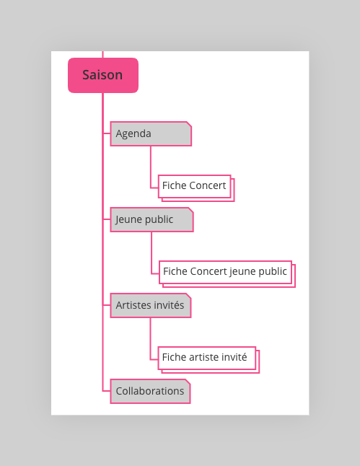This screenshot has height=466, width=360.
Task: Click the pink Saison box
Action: coord(103,75)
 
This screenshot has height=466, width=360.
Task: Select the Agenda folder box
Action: coord(151,133)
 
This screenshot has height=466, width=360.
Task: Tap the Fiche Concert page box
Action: coord(196,188)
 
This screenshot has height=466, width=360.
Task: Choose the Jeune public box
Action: coord(152,219)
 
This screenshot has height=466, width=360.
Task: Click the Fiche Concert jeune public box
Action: coord(227,274)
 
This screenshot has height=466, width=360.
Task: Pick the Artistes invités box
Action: coord(151,306)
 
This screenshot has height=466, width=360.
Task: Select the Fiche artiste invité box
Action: coord(208,360)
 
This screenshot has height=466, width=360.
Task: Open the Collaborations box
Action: coord(150,391)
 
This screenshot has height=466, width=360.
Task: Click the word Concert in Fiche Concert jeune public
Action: coord(208,271)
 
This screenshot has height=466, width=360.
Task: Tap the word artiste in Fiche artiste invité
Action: coord(204,357)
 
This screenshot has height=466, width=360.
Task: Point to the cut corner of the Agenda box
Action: coord(189,124)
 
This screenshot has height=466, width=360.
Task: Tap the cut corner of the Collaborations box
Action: coord(188,382)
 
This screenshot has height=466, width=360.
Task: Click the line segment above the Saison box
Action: coord(103,54)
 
